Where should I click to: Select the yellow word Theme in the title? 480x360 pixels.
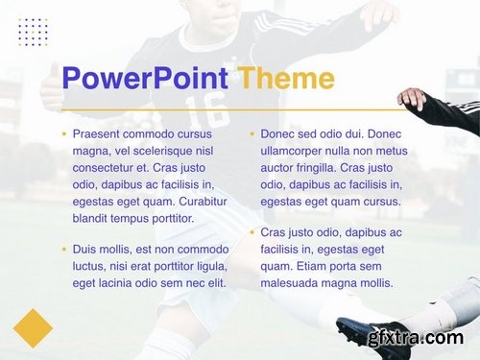click(x=286, y=78)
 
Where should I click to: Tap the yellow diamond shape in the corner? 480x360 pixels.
click(x=33, y=327)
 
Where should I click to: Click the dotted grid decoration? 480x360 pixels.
click(x=33, y=32)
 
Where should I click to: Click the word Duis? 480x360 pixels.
click(x=84, y=249)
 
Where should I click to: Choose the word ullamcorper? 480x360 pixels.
click(x=293, y=151)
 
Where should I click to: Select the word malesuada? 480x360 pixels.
click(x=293, y=283)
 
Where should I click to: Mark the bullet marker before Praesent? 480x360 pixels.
click(x=63, y=134)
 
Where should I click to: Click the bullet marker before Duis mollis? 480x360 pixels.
click(x=63, y=250)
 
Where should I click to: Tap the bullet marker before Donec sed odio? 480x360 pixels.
click(x=252, y=134)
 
